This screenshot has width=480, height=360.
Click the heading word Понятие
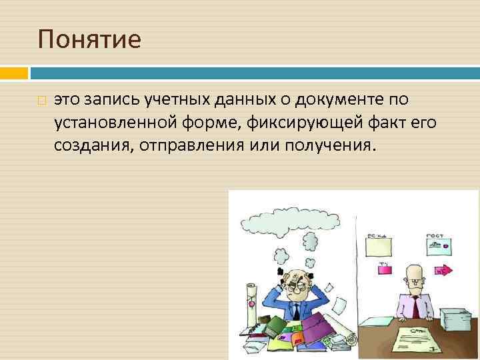point(89,40)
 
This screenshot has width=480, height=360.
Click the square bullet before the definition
point(43,101)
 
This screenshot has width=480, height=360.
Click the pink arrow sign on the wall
point(441,271)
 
